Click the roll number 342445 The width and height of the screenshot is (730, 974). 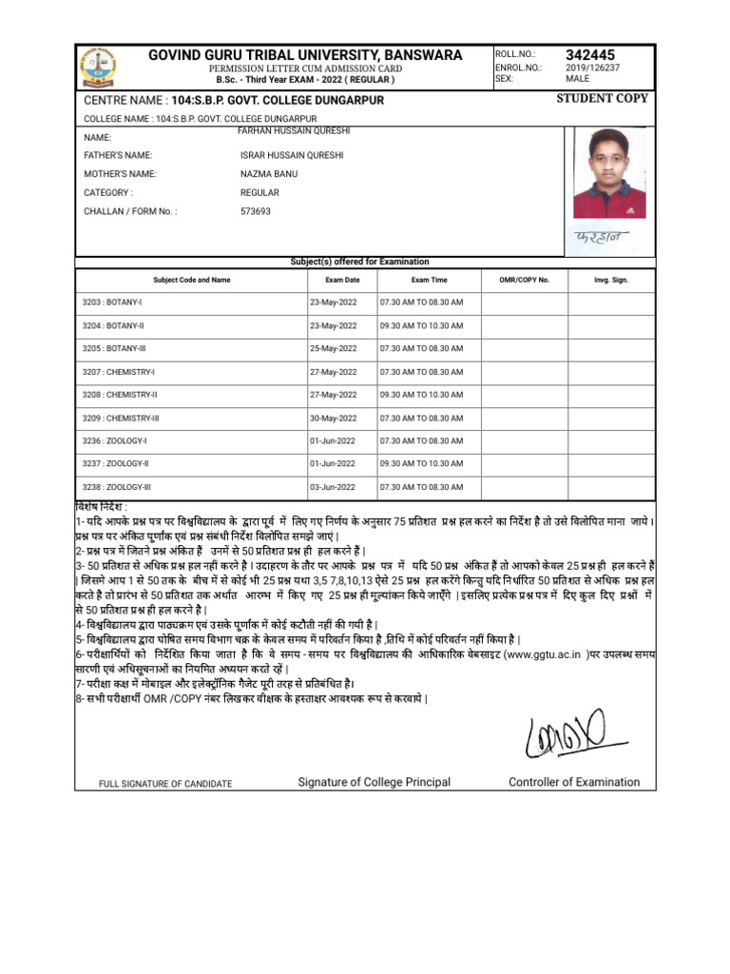point(591,54)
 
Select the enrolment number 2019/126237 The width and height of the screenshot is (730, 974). point(593,68)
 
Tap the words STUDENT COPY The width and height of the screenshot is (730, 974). point(603,98)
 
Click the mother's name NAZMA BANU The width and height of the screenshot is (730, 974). point(269,174)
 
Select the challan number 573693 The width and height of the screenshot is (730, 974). point(256,211)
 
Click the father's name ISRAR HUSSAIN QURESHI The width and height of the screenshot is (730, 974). point(292,155)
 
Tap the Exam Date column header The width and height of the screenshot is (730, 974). point(342,281)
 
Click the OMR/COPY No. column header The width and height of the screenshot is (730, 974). point(525,281)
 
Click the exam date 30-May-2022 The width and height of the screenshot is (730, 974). point(333,418)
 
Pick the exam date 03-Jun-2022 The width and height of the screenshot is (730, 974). point(333,487)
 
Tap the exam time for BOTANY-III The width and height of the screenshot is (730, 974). point(421,348)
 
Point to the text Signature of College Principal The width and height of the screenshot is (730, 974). point(375,782)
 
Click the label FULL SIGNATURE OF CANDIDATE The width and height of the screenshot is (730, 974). point(165,784)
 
